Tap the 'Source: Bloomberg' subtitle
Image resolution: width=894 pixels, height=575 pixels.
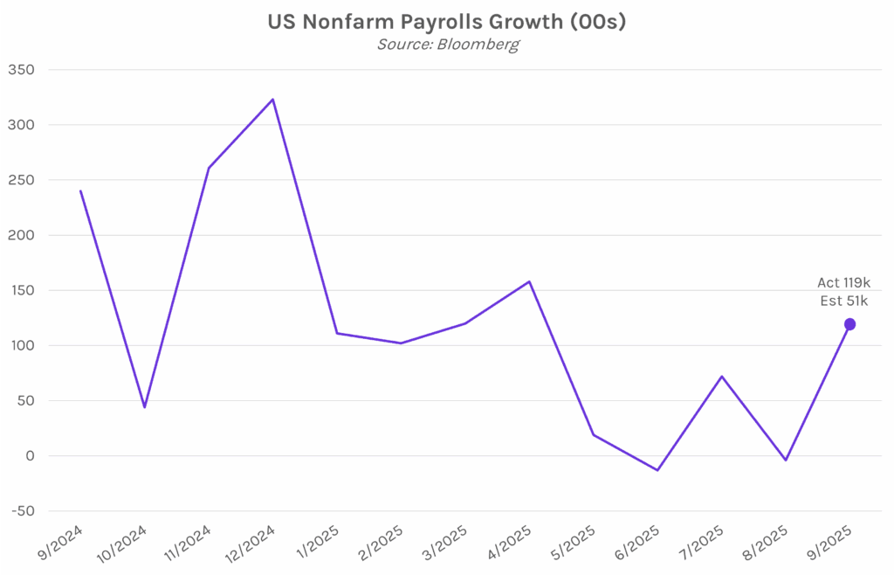point(447,45)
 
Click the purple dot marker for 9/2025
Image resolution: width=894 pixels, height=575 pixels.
point(849,324)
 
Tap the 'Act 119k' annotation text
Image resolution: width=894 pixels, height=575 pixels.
point(843,282)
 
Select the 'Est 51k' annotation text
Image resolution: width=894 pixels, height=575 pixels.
point(843,301)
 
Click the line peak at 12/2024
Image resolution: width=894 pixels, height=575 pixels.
point(273,100)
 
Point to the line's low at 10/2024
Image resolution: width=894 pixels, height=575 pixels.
point(145,407)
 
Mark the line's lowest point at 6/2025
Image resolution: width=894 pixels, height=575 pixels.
point(657,470)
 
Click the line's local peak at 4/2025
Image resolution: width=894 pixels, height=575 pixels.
point(529,281)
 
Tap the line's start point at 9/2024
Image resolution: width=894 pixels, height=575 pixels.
point(80,191)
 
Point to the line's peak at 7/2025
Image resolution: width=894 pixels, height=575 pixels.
point(722,377)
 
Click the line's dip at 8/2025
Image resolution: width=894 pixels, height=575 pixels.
point(786,461)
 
